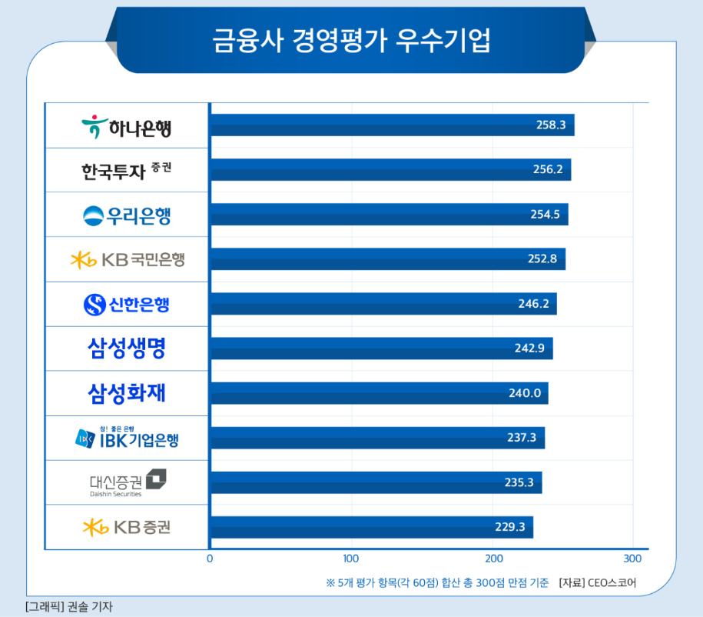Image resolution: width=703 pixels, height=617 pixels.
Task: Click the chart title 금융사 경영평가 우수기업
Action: (x=351, y=41)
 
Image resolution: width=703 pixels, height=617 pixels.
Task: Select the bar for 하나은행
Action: (x=392, y=125)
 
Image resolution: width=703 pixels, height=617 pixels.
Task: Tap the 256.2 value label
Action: (x=547, y=170)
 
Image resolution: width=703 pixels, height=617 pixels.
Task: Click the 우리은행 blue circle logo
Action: (x=93, y=215)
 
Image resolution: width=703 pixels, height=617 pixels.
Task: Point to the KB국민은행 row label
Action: (x=128, y=260)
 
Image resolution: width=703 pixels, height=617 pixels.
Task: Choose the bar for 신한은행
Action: (x=383, y=304)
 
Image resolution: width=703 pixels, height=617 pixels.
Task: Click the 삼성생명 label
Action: (x=127, y=349)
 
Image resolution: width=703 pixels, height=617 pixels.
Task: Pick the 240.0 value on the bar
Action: (x=525, y=393)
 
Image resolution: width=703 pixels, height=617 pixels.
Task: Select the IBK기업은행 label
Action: (x=128, y=439)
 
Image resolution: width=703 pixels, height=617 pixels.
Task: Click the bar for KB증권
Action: (x=371, y=527)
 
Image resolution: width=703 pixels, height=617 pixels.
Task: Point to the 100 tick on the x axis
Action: (x=351, y=558)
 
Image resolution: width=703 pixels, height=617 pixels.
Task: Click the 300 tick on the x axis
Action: (x=632, y=558)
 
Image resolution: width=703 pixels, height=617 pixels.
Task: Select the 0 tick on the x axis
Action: (x=210, y=558)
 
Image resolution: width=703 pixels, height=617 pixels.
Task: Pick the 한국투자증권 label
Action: (x=127, y=171)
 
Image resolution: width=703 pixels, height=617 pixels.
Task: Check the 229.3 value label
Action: (x=509, y=527)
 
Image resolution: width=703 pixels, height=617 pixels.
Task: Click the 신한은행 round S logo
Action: (x=95, y=305)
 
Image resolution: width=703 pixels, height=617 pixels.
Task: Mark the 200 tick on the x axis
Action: (x=494, y=558)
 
